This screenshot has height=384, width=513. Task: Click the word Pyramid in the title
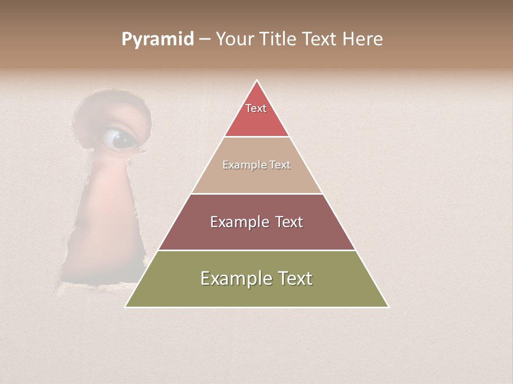tap(158, 39)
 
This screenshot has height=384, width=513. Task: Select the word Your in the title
tap(236, 39)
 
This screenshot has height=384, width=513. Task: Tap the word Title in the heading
tap(279, 39)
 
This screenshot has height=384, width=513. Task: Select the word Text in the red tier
tap(256, 108)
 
